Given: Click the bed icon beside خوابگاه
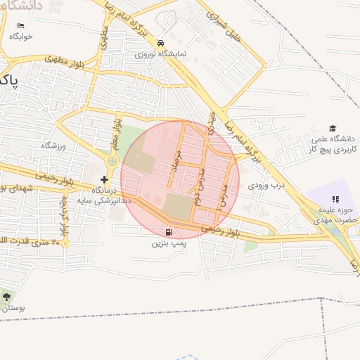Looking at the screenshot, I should (20, 27).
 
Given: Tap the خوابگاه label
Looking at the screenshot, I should (22, 37).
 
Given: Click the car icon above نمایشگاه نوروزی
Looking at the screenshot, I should (161, 42).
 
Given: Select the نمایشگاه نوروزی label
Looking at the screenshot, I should (161, 53).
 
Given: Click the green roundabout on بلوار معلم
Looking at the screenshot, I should (111, 162).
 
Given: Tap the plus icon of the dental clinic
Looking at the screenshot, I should (104, 179).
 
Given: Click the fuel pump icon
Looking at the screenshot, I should (168, 233).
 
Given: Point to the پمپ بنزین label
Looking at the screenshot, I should (168, 244).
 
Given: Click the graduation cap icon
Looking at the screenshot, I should (333, 128).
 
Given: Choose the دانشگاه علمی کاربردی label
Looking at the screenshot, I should (335, 145).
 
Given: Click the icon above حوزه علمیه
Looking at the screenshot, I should (335, 200).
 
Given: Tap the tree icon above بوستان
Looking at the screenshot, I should (7, 297).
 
